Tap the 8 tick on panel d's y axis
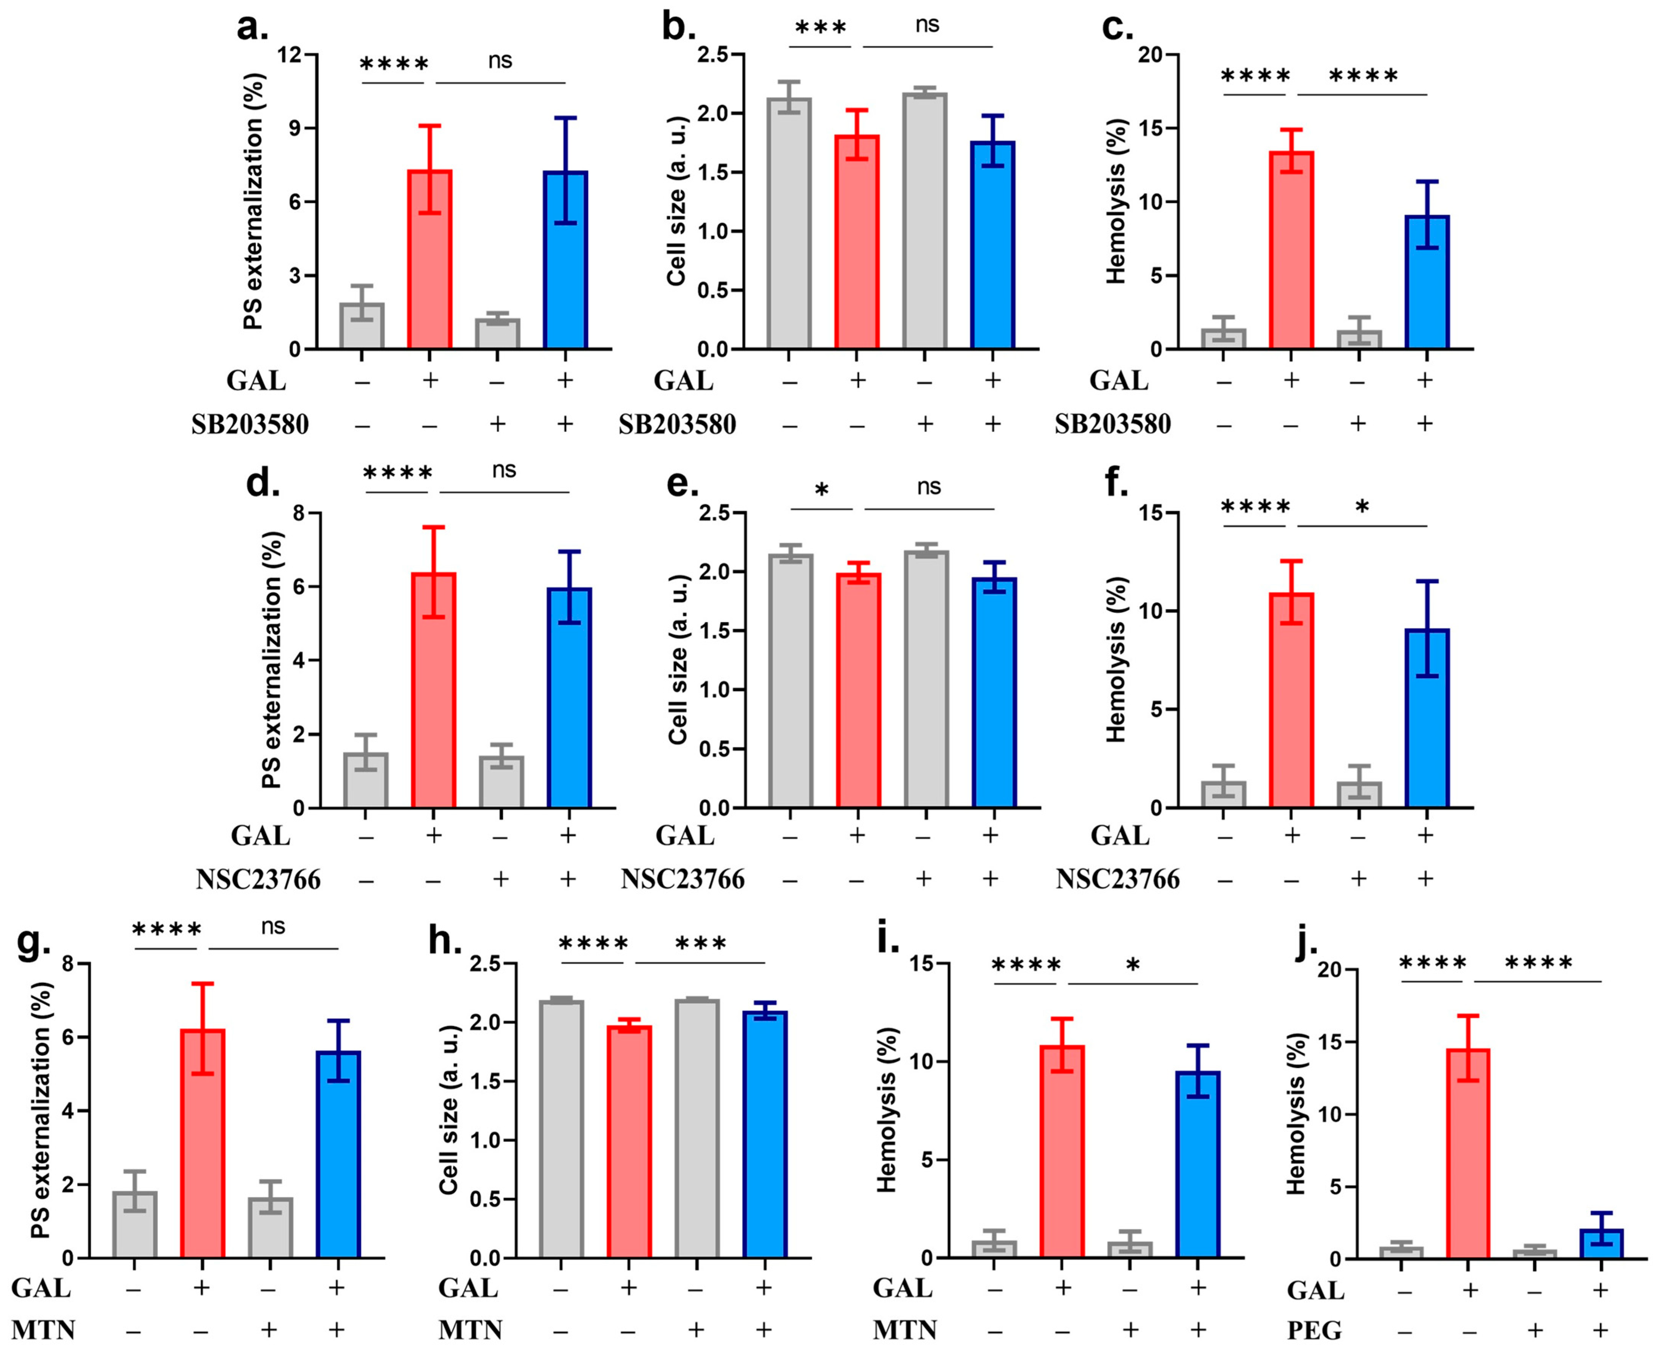click(x=297, y=513)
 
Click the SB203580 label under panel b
click(x=677, y=424)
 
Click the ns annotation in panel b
click(x=927, y=25)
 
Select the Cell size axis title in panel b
click(x=677, y=201)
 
